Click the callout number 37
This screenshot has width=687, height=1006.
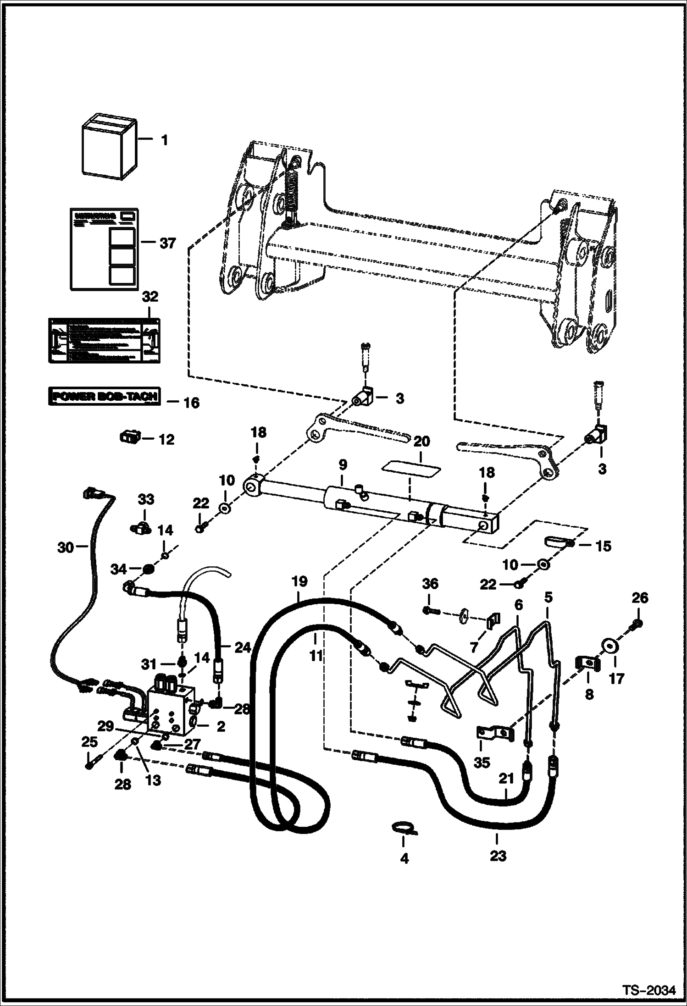[x=168, y=243]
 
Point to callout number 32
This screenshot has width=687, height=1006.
[x=150, y=297]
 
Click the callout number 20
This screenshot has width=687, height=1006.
[x=422, y=442]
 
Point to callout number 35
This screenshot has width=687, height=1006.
[x=482, y=763]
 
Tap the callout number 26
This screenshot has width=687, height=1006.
[x=640, y=598]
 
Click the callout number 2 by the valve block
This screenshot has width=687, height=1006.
[x=221, y=727]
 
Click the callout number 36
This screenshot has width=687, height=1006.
[x=431, y=584]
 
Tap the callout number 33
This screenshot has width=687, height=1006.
[x=146, y=499]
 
